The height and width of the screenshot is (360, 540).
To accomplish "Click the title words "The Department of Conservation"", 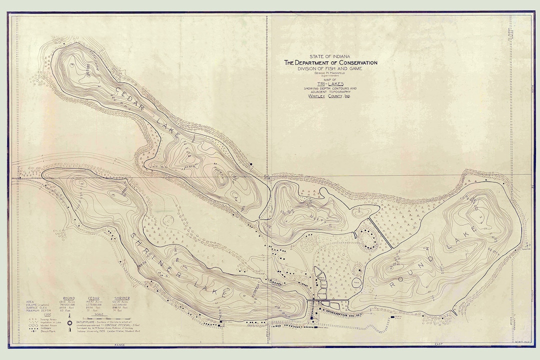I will (330, 62).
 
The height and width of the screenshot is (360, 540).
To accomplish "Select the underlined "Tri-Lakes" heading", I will (325, 84).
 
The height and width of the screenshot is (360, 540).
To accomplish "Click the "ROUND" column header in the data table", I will (65, 298).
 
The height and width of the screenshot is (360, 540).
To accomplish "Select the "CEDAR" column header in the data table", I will (93, 298).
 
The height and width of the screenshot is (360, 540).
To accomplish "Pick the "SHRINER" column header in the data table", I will (121, 298).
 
